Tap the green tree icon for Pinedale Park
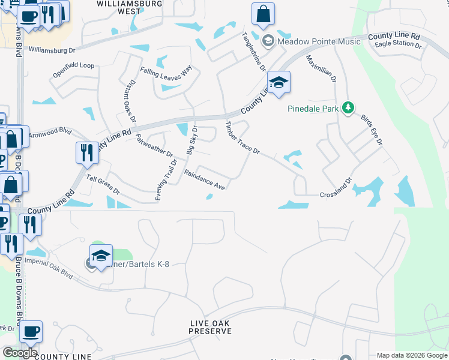pos(348,108)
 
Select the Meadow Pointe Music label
pos(319,41)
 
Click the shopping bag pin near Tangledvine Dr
pos(263,14)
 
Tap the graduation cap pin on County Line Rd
pos(279,82)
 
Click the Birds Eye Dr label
pos(371,128)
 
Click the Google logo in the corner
pos(20,352)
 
